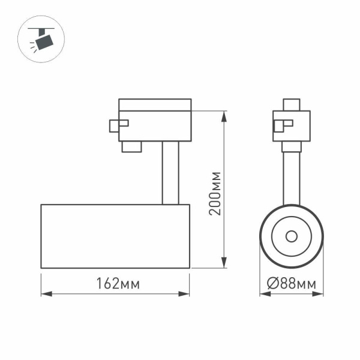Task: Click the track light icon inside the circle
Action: (x=41, y=41)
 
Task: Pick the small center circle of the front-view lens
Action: (x=291, y=235)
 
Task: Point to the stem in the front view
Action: (x=291, y=174)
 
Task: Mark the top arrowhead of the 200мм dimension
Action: (x=224, y=114)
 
